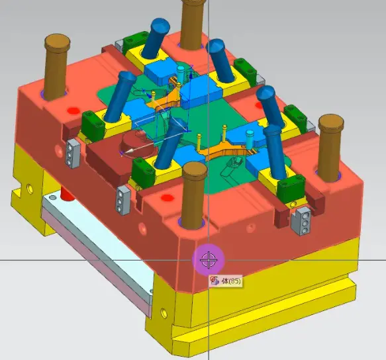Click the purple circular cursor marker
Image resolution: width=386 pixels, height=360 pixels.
(209, 260)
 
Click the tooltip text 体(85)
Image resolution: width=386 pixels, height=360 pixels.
(231, 281)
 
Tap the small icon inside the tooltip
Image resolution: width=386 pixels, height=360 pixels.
(215, 281)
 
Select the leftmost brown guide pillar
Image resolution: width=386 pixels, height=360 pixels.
(57, 66)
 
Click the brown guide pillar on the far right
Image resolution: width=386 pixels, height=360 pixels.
(330, 148)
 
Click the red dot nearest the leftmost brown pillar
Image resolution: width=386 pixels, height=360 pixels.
(73, 111)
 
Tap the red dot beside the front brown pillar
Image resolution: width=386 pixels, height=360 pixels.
(167, 198)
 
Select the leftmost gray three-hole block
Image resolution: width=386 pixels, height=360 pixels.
(73, 154)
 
